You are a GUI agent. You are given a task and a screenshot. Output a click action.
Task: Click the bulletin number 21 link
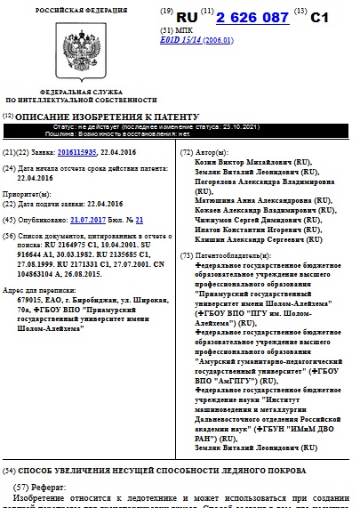click(139, 218)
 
